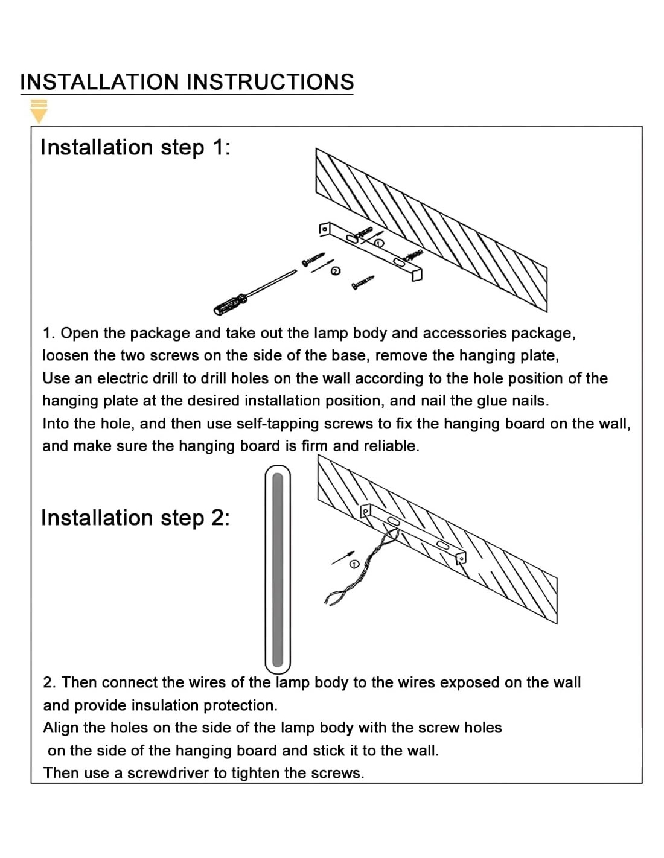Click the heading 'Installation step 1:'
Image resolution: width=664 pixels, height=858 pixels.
tap(135, 147)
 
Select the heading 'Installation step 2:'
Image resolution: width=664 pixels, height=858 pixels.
tap(135, 518)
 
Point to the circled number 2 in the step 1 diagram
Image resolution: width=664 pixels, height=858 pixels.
tap(336, 272)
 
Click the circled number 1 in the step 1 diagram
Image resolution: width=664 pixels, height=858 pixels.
tap(379, 243)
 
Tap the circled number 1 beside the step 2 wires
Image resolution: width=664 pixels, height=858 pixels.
tap(354, 564)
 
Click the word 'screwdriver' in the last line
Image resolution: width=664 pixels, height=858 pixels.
tap(167, 773)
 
